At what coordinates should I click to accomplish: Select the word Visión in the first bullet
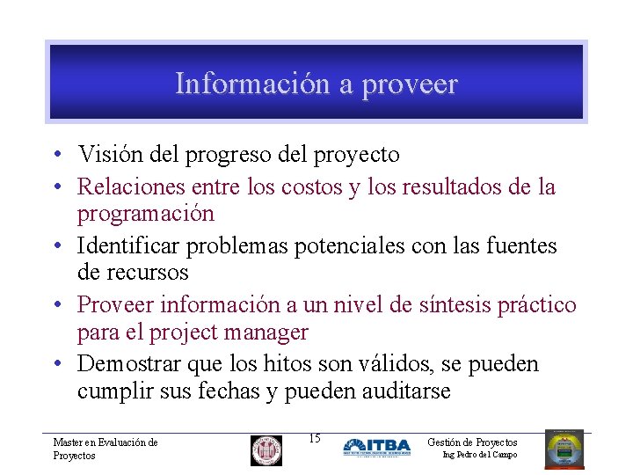[x=105, y=155]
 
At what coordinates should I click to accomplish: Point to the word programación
[x=145, y=214]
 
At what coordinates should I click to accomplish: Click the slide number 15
[x=315, y=439]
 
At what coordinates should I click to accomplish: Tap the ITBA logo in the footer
[x=376, y=447]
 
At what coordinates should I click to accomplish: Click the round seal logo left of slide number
[x=266, y=449]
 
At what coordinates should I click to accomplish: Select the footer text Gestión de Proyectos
[x=472, y=442]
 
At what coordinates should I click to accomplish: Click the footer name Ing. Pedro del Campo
[x=479, y=455]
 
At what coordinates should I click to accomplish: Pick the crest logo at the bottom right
[x=564, y=449]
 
